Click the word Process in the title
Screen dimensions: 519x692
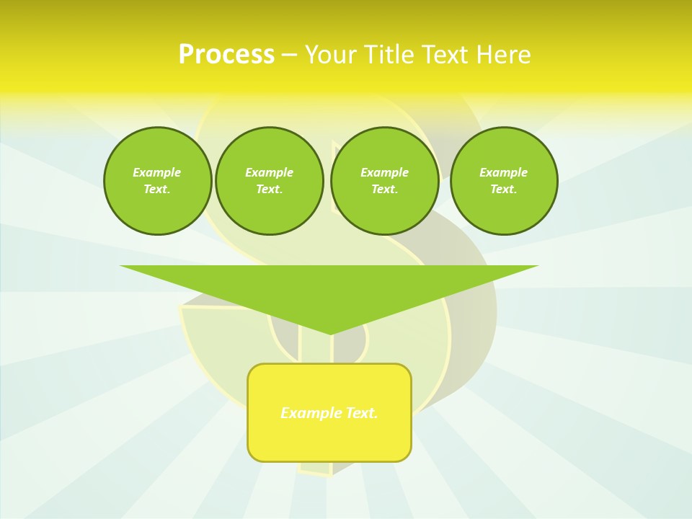pos(226,55)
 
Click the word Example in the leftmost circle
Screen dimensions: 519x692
pos(157,172)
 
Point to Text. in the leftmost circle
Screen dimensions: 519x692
pos(157,190)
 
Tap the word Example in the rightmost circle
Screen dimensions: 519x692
pos(504,172)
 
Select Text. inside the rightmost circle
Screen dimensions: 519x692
pos(504,190)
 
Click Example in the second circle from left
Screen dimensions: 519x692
pos(270,172)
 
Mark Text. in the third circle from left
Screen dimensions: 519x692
pos(385,190)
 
